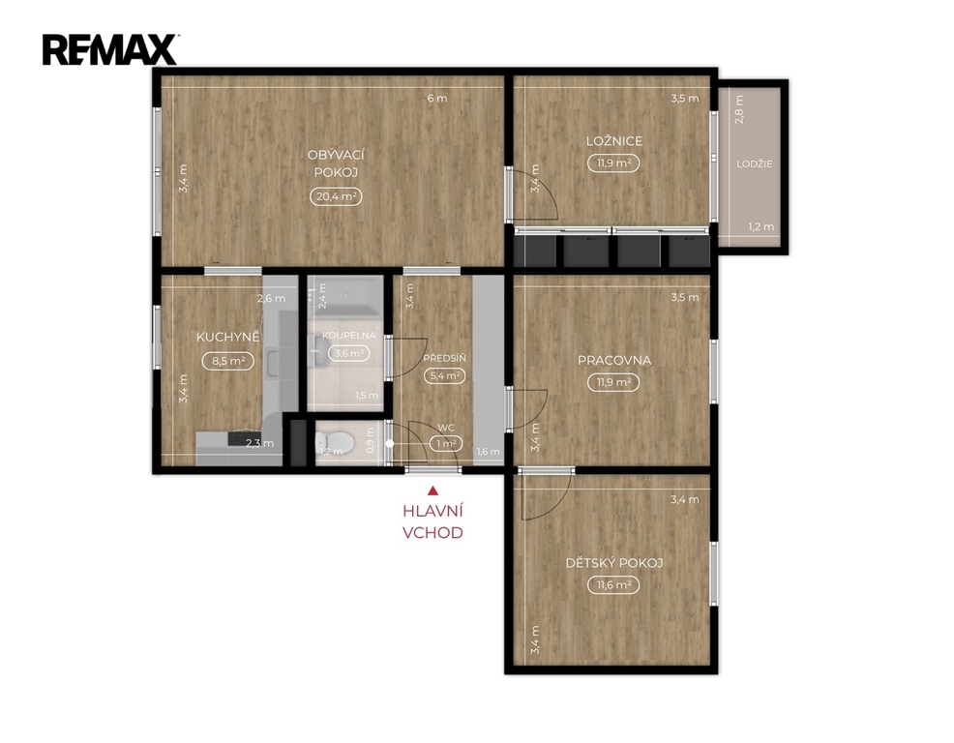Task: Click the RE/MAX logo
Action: click(109, 49)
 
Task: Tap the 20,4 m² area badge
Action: click(336, 196)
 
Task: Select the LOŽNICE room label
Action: click(613, 140)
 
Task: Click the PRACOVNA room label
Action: click(613, 360)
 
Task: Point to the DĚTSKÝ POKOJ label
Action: click(613, 563)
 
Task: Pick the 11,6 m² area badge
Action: click(613, 585)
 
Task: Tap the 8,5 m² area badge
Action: click(228, 361)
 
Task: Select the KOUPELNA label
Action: click(348, 336)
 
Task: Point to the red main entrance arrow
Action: click(432, 490)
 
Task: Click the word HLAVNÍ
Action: click(432, 511)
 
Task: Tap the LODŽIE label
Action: click(755, 163)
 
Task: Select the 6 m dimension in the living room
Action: click(436, 98)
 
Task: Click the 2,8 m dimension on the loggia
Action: click(738, 109)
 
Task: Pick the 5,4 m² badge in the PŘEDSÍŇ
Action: click(445, 376)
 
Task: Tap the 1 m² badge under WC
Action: click(446, 444)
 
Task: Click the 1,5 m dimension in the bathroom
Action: click(367, 396)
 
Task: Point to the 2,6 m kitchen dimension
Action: click(271, 298)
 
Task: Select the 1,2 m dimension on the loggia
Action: click(761, 227)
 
